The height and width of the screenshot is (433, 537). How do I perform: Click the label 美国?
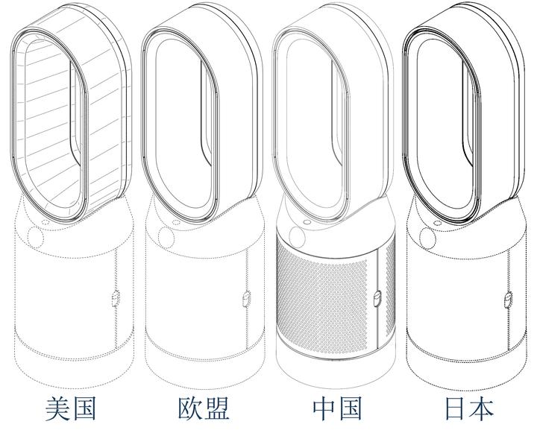(x=71, y=408)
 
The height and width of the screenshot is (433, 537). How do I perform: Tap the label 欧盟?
(x=204, y=408)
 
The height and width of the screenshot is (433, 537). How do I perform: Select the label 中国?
(x=337, y=408)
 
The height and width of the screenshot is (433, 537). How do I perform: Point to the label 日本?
(x=469, y=408)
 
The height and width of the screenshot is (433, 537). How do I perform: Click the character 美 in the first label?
(x=57, y=408)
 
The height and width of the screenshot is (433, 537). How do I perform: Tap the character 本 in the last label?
(x=483, y=408)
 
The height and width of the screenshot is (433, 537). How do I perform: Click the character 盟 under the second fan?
(x=217, y=408)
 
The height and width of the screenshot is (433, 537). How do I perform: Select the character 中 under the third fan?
(x=324, y=408)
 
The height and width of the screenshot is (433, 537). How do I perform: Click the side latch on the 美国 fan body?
(x=116, y=298)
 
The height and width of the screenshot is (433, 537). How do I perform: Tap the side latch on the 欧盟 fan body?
(x=247, y=299)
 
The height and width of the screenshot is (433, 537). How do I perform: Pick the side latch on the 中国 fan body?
(x=378, y=299)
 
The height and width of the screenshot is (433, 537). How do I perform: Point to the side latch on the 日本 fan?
(x=509, y=300)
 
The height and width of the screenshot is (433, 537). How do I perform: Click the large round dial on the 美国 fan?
(x=35, y=237)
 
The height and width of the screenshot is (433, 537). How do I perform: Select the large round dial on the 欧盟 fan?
(x=166, y=237)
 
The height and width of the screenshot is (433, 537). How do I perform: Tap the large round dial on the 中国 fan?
(x=297, y=237)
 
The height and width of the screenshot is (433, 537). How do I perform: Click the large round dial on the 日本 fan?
(x=428, y=238)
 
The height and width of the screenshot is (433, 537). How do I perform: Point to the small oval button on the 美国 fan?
(x=45, y=223)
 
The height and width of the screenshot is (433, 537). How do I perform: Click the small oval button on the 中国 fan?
(x=307, y=222)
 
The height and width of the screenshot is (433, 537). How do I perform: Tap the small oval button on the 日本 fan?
(x=437, y=223)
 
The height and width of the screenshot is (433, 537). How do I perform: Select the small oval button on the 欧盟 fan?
(x=176, y=223)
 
